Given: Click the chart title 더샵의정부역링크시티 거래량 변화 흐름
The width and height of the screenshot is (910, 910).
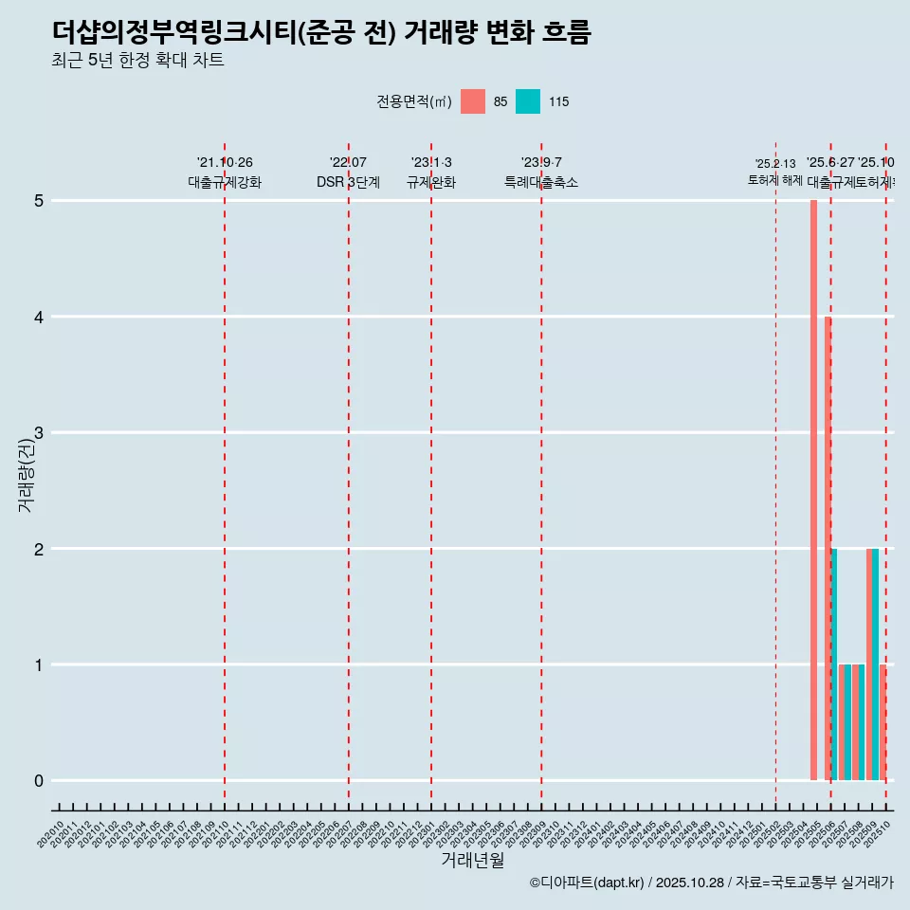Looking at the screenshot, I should click(x=321, y=32).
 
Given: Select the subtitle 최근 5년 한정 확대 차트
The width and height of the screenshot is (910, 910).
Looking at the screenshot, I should click(x=137, y=62).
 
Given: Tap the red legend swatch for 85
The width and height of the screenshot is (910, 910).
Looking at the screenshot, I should click(x=472, y=101).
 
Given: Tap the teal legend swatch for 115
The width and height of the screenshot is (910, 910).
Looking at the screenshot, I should click(x=528, y=101).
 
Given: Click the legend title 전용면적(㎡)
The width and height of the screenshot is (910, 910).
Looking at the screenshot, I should click(x=414, y=101).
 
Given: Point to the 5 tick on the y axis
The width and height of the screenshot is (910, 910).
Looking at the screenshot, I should click(x=39, y=201).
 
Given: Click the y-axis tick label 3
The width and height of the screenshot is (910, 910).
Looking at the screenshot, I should click(x=39, y=433).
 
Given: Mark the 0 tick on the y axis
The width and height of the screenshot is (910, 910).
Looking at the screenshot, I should click(x=39, y=781).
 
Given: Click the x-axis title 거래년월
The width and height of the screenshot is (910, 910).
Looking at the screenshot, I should click(x=472, y=861).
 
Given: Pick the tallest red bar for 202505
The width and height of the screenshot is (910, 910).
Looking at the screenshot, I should click(x=813, y=490).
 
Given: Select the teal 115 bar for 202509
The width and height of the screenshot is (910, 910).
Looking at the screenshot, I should click(x=875, y=664).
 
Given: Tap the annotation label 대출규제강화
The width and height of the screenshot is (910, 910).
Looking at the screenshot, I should click(x=225, y=183).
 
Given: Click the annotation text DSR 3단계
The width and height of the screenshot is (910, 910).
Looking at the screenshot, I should click(x=349, y=183).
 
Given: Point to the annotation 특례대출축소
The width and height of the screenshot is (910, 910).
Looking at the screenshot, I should click(x=541, y=183).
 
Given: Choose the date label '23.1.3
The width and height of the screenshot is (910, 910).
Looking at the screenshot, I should click(x=431, y=163).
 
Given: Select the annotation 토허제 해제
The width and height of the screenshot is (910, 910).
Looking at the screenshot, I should click(x=775, y=180).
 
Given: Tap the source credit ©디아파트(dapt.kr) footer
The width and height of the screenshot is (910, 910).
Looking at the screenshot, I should click(x=711, y=883).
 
